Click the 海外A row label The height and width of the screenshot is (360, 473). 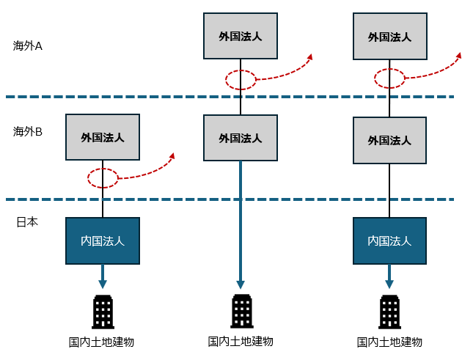28,45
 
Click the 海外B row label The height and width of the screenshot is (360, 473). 28,132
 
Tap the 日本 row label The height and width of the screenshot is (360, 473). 27,221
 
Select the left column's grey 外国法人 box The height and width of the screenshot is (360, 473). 103,137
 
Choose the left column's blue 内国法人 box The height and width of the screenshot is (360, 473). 103,240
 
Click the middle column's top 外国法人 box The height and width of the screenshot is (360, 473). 241,36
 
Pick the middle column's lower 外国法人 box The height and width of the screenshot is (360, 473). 241,138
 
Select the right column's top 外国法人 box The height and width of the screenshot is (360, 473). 389,36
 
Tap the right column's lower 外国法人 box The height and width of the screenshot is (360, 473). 389,140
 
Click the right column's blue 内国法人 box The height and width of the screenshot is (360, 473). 389,240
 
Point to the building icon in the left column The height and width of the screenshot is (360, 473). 103,312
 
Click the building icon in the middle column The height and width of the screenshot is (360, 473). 241,311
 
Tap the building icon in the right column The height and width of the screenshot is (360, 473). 389,312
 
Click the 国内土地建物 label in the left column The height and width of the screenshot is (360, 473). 102,342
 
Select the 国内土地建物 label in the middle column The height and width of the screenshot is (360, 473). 241,341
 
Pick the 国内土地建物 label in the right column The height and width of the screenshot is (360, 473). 389,342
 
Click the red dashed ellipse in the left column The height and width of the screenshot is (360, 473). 103,178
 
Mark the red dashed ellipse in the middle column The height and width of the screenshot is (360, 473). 241,79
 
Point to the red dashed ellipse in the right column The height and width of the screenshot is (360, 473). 389,78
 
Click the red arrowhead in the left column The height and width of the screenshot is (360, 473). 172,155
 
